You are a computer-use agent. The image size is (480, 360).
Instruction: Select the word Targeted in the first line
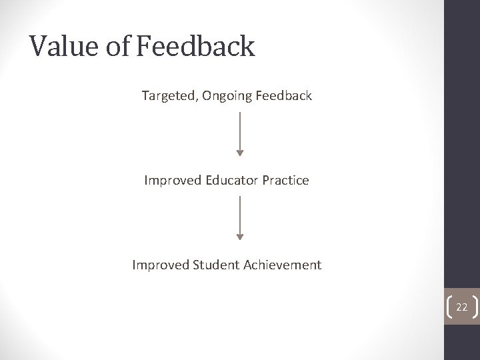pos(165,96)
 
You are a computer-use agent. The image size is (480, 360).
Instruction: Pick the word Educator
pos(231,181)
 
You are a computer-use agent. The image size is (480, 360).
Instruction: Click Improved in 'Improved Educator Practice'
pos(170,181)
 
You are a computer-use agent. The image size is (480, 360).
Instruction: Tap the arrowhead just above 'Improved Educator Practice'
pos(240,153)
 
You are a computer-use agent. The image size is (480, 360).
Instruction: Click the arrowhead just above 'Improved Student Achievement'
pos(240,237)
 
